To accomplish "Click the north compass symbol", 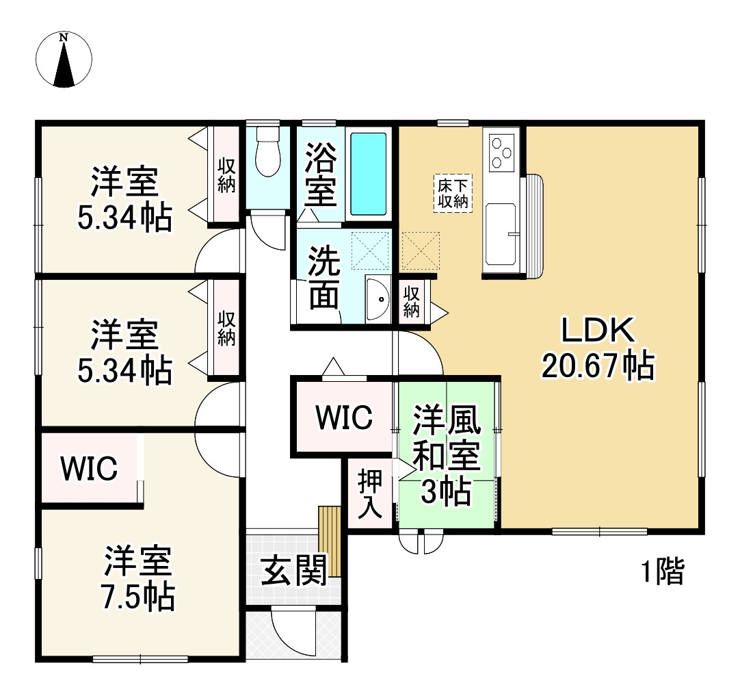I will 64,60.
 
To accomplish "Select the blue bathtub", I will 369,174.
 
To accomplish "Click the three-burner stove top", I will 501,150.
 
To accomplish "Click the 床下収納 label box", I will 452,194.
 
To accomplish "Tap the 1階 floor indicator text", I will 662,572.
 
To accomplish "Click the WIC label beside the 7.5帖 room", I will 89,469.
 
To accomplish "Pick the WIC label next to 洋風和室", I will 344,417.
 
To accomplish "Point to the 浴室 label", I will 320,174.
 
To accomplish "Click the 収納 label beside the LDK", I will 411,301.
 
